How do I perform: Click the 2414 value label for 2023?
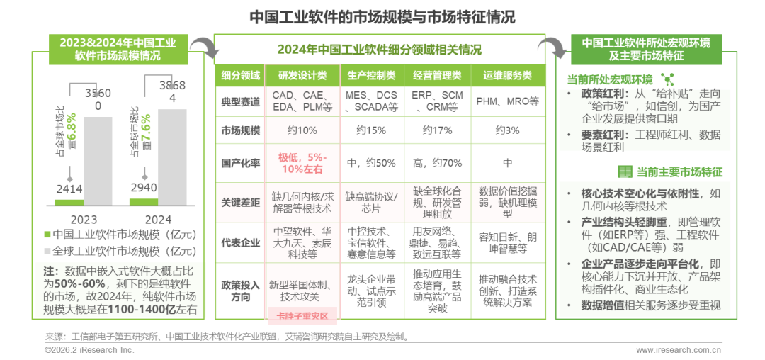69,189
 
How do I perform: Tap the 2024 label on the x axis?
158,219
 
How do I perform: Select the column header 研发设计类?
302,75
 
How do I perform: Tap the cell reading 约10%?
302,130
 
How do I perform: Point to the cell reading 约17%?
437,130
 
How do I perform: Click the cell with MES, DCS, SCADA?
371,101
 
